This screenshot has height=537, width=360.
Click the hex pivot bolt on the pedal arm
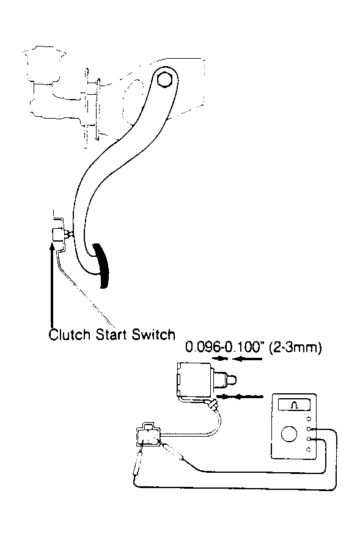[x=164, y=79]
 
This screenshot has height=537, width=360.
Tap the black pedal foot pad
[x=102, y=265]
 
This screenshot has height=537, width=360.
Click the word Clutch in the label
[x=70, y=335]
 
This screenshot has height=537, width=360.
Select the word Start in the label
[x=112, y=335]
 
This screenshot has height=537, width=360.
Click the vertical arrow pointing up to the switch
[x=52, y=284]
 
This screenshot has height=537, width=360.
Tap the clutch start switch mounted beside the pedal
[x=58, y=234]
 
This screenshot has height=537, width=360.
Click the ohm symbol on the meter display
[x=295, y=406]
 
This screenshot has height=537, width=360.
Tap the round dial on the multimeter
[x=289, y=434]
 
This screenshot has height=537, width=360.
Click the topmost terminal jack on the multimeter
[x=309, y=418]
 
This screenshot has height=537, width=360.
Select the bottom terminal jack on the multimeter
[x=309, y=450]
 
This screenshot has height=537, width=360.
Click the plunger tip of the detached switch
[x=233, y=379]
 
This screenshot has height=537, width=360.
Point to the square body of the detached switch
[x=194, y=380]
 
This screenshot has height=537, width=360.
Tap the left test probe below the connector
[x=138, y=462]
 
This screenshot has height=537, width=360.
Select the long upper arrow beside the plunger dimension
[x=248, y=358]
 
